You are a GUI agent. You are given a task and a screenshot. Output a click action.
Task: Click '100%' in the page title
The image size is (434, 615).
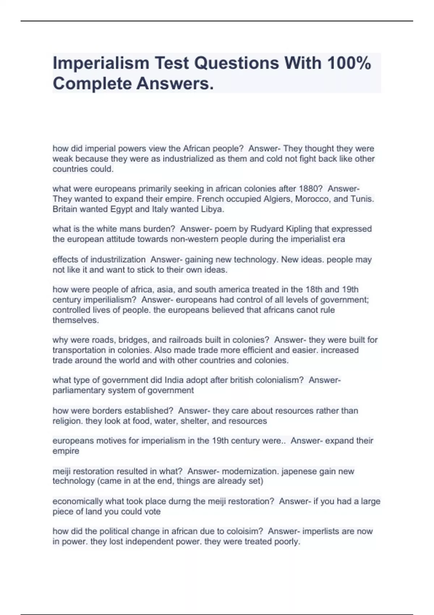tap(349, 63)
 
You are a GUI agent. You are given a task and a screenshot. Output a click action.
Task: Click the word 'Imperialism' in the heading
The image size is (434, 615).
tap(101, 63)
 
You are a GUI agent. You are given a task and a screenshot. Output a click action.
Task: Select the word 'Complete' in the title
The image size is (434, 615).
tap(92, 84)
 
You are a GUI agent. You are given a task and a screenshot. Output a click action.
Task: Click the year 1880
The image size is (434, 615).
tap(309, 189)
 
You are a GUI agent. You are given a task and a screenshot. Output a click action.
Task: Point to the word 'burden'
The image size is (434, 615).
tap(157, 229)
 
